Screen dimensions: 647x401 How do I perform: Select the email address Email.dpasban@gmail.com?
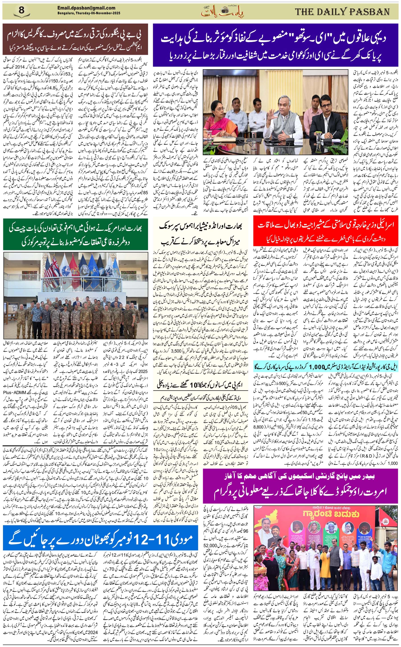point(86,8)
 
